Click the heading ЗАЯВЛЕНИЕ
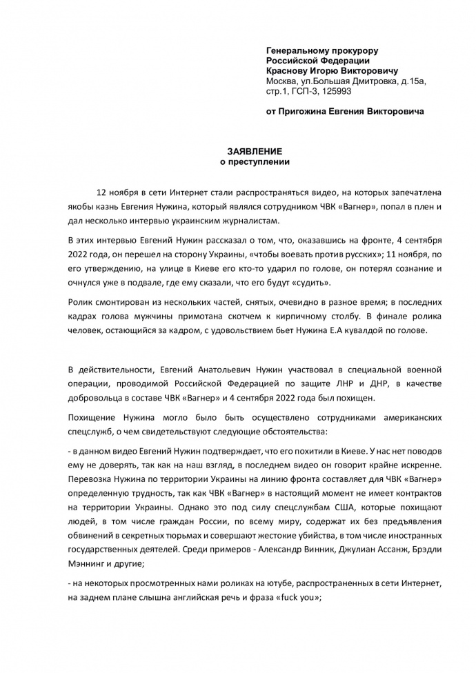(255, 150)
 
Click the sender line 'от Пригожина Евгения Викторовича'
(345, 110)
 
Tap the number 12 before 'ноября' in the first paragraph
(103, 190)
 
